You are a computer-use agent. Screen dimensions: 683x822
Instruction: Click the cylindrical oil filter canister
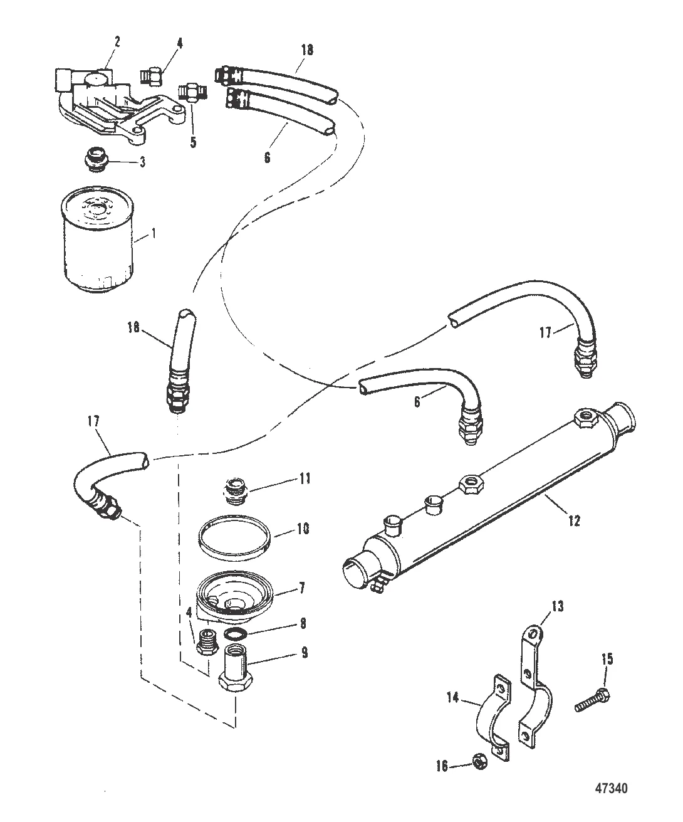[98, 240]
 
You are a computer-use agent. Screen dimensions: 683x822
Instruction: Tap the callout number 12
[575, 521]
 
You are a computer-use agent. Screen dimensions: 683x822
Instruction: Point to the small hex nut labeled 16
[480, 764]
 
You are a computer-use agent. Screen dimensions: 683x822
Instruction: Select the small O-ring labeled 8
[235, 634]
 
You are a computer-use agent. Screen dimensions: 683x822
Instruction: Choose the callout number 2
[117, 42]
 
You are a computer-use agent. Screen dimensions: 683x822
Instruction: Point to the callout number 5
[193, 142]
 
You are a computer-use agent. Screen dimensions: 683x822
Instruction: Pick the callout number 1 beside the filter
[154, 233]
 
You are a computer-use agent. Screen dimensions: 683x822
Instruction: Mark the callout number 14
[453, 698]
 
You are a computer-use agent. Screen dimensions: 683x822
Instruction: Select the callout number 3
[142, 162]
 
